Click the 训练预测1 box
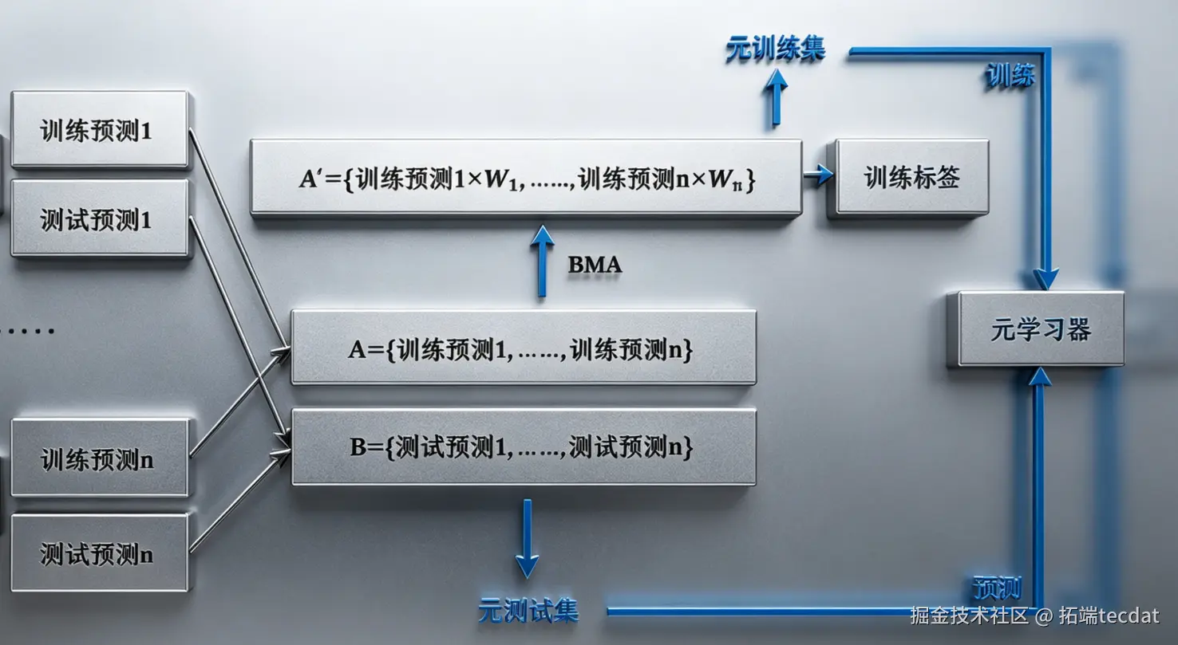point(99,129)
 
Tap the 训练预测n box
point(99,458)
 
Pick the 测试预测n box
point(99,553)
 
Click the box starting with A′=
point(526,178)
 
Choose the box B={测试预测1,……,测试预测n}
point(523,446)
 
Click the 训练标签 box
point(911,178)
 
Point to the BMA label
point(595,265)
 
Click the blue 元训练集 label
point(775,49)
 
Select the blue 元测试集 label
point(528,611)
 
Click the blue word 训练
point(1010,76)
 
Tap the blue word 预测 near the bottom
point(997,588)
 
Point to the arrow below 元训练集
point(775,97)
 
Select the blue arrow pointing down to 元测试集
point(527,538)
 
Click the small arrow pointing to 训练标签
point(818,176)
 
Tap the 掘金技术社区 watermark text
point(969,616)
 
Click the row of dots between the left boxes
point(27,330)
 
